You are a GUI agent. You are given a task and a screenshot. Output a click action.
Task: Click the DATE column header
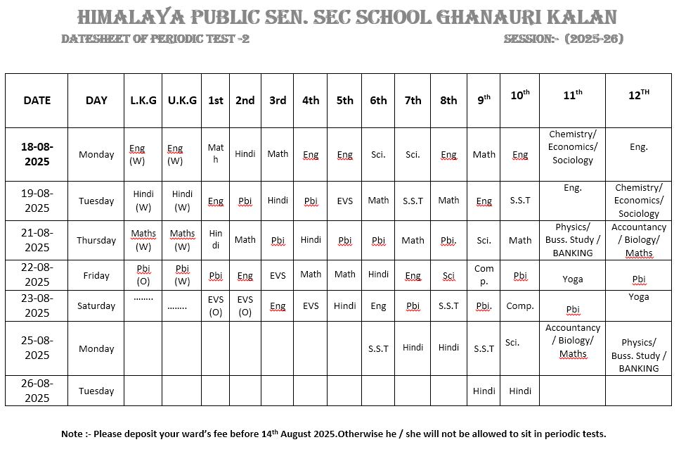(x=37, y=100)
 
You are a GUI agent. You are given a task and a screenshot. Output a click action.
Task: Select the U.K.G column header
(x=182, y=100)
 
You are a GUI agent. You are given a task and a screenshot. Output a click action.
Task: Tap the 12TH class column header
(x=638, y=96)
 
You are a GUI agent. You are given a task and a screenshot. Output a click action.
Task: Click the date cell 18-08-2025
(x=37, y=154)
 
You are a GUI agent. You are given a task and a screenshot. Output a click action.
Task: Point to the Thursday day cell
(x=96, y=240)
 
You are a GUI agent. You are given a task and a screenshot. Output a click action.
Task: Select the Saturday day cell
(x=96, y=305)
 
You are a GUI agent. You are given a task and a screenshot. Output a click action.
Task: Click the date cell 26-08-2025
(x=37, y=391)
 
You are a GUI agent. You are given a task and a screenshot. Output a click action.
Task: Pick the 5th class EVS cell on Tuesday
(x=344, y=201)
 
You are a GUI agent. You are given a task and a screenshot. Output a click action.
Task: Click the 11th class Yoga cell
(x=573, y=279)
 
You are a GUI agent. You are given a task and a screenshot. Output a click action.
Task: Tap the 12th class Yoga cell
(x=638, y=297)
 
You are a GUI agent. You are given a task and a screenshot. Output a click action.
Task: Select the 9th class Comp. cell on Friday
(x=484, y=275)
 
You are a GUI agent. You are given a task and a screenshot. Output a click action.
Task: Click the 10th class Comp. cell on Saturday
(x=520, y=305)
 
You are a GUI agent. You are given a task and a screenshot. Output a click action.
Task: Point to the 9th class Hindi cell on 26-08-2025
(x=484, y=391)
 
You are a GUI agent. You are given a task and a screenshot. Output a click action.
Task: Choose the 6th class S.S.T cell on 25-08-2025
(x=378, y=348)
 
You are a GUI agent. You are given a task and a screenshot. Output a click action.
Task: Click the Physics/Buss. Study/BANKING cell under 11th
(x=573, y=240)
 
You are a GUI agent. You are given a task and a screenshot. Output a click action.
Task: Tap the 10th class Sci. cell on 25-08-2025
(x=512, y=343)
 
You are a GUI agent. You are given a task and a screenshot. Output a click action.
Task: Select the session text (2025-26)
(x=595, y=39)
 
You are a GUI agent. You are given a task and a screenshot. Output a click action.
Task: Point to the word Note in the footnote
(x=72, y=434)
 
